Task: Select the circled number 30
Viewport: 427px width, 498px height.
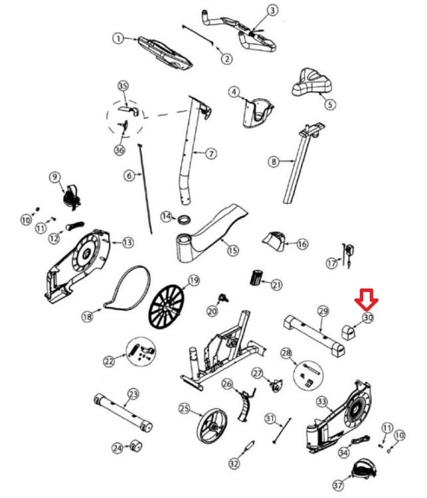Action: click(x=368, y=318)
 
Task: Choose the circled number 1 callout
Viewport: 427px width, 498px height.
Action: click(x=118, y=39)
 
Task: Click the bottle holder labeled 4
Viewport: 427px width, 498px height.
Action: click(x=258, y=112)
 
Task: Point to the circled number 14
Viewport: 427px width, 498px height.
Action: click(x=167, y=216)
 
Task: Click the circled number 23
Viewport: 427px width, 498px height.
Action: click(x=133, y=394)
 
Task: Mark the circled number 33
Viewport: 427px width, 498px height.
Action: click(x=322, y=402)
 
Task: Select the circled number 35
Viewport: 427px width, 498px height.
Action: click(x=123, y=86)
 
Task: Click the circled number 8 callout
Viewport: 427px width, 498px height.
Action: click(x=274, y=161)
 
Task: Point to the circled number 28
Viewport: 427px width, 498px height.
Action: click(x=286, y=353)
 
